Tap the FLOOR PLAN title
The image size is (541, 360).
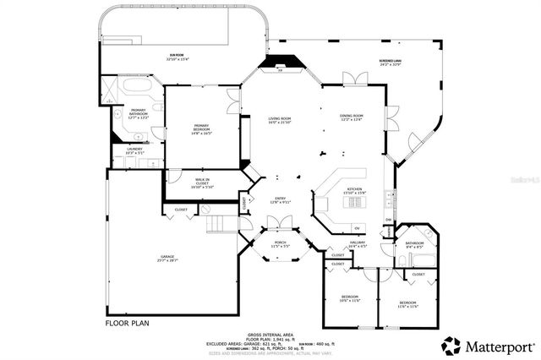[x=128, y=323]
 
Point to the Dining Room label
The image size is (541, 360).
[x=352, y=117]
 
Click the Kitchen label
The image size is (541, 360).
[x=355, y=191]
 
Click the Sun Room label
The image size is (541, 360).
[x=173, y=57]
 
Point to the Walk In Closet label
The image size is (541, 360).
[x=202, y=183]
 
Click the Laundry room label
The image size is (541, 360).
[x=134, y=150]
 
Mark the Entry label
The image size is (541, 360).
[x=280, y=201]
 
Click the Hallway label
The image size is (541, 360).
[x=358, y=243]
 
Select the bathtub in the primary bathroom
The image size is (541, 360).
[x=135, y=87]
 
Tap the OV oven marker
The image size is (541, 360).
[x=357, y=229]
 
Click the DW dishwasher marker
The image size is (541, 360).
[x=388, y=221]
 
